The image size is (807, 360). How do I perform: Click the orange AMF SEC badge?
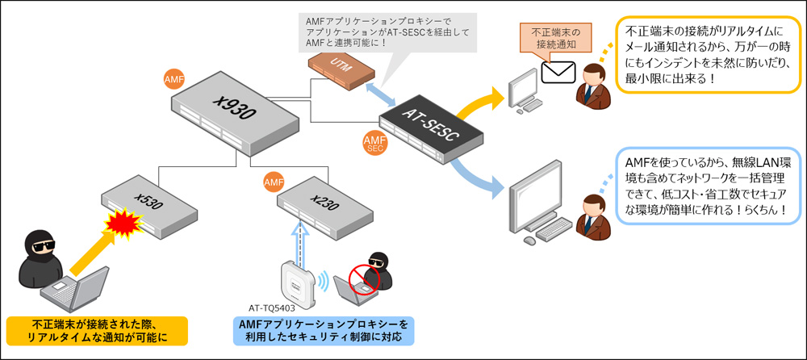pyautogui.click(x=374, y=143)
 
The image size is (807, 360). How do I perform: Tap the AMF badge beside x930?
pyautogui.click(x=174, y=81)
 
